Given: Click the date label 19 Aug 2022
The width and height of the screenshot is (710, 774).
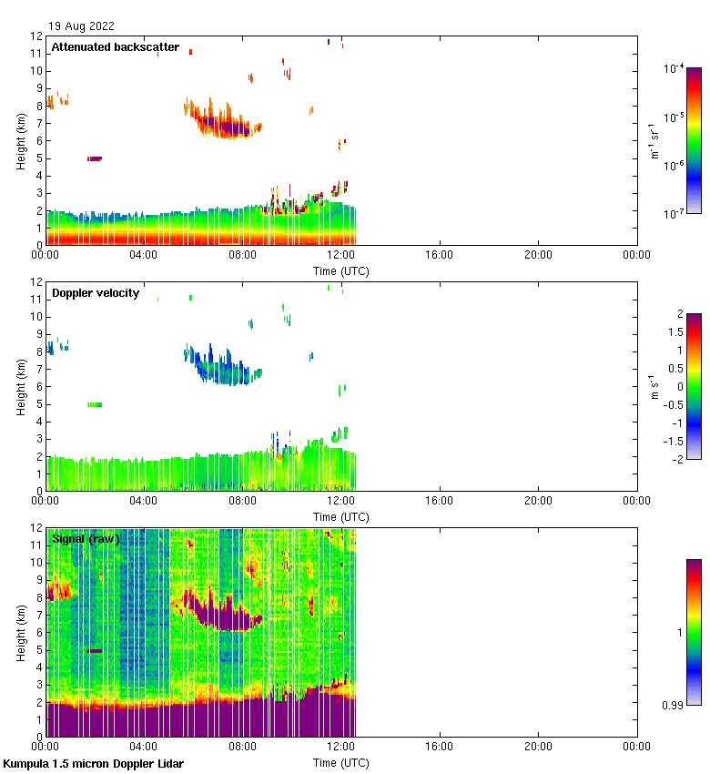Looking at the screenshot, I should pyautogui.click(x=81, y=25).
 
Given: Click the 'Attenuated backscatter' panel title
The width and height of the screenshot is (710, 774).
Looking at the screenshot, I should pyautogui.click(x=116, y=47).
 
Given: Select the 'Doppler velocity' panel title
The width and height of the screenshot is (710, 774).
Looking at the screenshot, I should pyautogui.click(x=96, y=293).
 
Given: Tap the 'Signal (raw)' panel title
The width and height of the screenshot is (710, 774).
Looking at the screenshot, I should pyautogui.click(x=86, y=539).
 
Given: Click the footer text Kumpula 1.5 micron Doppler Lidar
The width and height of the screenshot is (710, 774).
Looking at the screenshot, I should pyautogui.click(x=94, y=764).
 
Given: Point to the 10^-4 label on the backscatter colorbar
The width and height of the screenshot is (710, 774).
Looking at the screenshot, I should pyautogui.click(x=674, y=69).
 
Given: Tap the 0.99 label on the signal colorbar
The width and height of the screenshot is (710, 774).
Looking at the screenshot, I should pyautogui.click(x=675, y=706).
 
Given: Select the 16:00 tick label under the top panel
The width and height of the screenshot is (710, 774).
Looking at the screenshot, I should pyautogui.click(x=440, y=255).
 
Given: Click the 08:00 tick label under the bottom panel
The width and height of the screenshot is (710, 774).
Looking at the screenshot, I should pyautogui.click(x=243, y=747).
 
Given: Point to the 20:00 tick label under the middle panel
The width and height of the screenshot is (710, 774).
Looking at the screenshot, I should pyautogui.click(x=539, y=501).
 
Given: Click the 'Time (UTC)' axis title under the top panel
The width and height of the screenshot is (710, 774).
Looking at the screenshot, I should pyautogui.click(x=341, y=271).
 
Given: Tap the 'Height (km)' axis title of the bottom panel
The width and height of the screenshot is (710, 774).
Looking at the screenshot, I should pyautogui.click(x=21, y=632).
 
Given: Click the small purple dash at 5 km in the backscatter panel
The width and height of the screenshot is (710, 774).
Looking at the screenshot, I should pyautogui.click(x=95, y=158).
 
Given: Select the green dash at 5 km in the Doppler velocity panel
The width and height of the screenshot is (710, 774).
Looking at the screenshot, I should pyautogui.click(x=95, y=404).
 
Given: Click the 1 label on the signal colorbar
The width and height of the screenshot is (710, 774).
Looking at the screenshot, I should pyautogui.click(x=679, y=632).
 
